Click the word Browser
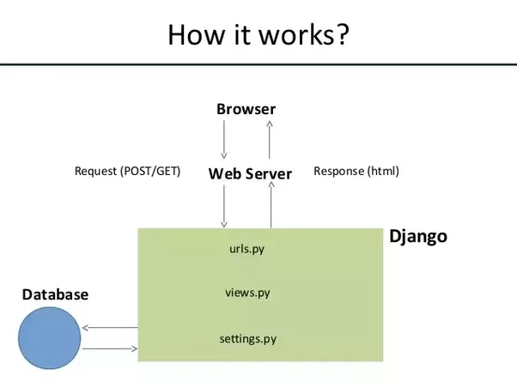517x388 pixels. click(x=246, y=109)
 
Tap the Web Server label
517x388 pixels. click(x=250, y=173)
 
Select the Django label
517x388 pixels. click(x=418, y=236)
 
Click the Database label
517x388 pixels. click(x=55, y=294)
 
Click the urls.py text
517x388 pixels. click(x=247, y=249)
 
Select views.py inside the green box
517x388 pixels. click(x=247, y=293)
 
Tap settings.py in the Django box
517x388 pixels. click(x=247, y=338)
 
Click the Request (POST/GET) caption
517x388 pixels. click(x=128, y=172)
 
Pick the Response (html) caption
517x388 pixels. click(x=356, y=172)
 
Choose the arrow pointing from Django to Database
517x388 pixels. click(x=111, y=327)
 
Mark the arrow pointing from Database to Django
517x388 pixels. click(x=111, y=349)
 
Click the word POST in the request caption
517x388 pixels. click(x=138, y=172)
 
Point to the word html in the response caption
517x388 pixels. click(x=382, y=172)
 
